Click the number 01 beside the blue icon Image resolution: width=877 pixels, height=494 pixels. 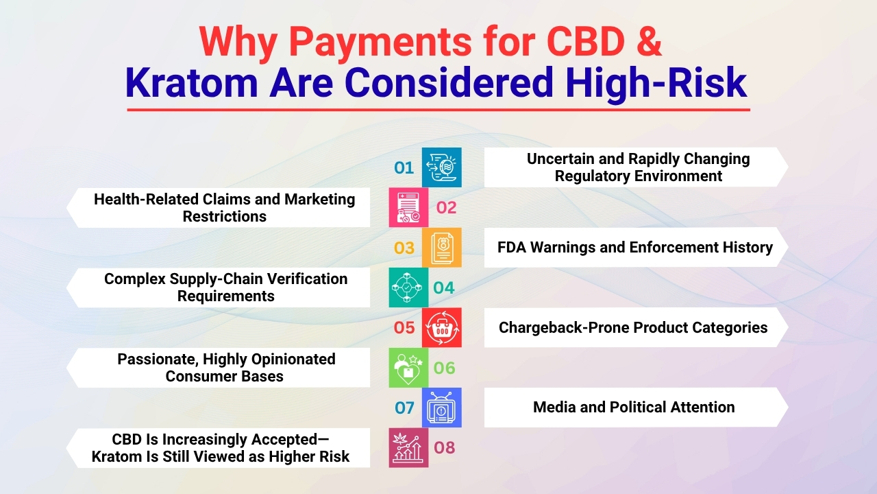(404, 168)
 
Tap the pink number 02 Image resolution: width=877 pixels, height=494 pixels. (446, 208)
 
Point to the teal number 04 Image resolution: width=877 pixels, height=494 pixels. (444, 288)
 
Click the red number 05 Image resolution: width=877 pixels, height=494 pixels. (404, 328)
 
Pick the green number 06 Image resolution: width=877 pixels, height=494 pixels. (444, 368)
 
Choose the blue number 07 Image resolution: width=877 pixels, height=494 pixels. (404, 408)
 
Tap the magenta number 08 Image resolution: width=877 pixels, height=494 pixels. (444, 448)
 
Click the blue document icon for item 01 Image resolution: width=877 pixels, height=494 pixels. (441, 167)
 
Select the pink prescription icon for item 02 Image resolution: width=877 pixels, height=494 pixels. (408, 208)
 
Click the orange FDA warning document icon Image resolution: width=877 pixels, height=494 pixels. (441, 248)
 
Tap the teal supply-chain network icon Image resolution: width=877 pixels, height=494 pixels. (408, 287)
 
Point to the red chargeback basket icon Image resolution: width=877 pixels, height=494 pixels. (441, 328)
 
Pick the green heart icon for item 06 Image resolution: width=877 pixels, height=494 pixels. (408, 368)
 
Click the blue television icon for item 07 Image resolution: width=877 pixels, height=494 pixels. (441, 408)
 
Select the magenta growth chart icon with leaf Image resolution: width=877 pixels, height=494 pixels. (408, 448)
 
